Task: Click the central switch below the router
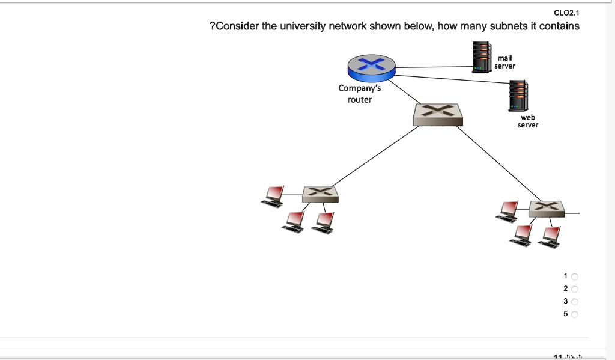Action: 438,114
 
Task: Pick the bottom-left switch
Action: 320,193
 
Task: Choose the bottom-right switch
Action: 547,208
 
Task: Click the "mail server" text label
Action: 504,62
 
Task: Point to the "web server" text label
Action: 528,121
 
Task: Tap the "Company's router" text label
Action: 359,94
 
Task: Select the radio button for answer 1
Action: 574,276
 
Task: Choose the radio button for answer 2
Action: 574,289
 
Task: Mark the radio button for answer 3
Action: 574,302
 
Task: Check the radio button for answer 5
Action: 574,314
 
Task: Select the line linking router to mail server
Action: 432,67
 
